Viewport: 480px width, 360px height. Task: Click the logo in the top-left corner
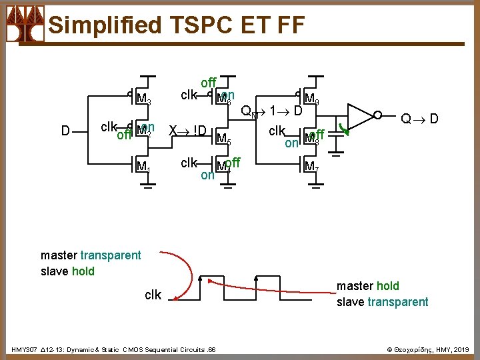pyautogui.click(x=25, y=24)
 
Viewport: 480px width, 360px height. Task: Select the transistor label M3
pyautogui.click(x=143, y=100)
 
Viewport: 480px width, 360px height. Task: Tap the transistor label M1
pyautogui.click(x=143, y=166)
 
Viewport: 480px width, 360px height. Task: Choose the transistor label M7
pyautogui.click(x=311, y=166)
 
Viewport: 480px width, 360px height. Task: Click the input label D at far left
pyautogui.click(x=65, y=131)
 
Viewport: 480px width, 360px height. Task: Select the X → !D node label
pyautogui.click(x=187, y=130)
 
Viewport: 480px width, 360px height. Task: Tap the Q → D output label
pyautogui.click(x=419, y=119)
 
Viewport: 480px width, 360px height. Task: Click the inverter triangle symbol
pyautogui.click(x=361, y=115)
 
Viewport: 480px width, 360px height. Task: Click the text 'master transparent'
pyautogui.click(x=91, y=255)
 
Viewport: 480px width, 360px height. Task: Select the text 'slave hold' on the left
pyautogui.click(x=67, y=271)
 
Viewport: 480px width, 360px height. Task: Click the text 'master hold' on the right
pyautogui.click(x=367, y=286)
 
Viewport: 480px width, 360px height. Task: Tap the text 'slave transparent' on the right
pyautogui.click(x=382, y=302)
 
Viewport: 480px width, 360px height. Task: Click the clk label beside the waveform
pyautogui.click(x=153, y=295)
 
